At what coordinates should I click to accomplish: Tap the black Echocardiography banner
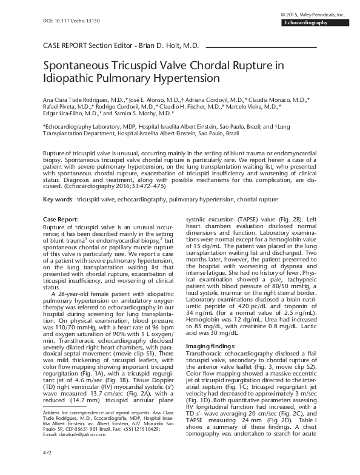319,22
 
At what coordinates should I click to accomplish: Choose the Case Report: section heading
61,218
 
